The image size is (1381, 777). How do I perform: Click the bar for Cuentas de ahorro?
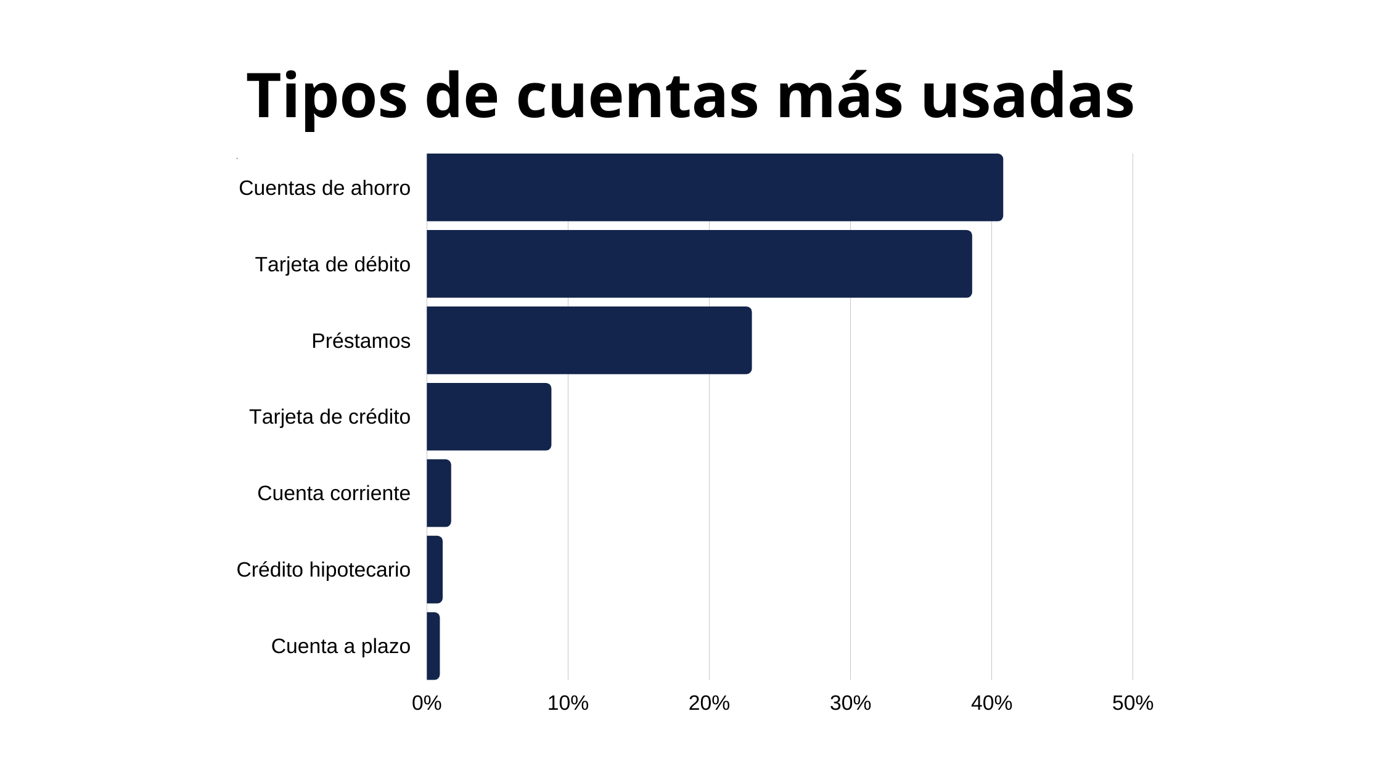714,187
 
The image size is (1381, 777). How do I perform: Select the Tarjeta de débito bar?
699,264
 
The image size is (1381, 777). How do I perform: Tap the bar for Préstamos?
589,340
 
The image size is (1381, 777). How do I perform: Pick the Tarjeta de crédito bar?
488,417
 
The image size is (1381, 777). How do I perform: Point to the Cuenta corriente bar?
438,493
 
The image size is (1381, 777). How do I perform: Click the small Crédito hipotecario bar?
435,570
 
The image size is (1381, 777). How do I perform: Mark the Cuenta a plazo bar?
433,646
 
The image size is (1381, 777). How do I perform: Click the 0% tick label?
427,703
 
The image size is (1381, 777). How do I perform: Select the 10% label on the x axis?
568,703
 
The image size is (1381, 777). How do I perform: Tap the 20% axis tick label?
709,703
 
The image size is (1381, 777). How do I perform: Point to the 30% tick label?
850,703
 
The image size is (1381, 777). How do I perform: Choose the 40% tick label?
991,703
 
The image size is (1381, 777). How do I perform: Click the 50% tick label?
1133,703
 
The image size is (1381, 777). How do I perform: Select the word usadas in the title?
1028,97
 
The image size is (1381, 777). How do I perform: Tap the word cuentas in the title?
637,97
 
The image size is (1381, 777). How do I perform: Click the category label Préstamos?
361,341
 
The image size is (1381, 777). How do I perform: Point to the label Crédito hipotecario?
323,570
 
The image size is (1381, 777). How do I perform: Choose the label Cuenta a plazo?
340,646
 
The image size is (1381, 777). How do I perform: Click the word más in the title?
840,97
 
